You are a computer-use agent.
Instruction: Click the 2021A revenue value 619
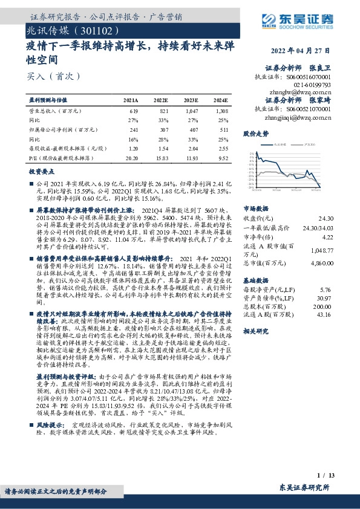click(x=134, y=112)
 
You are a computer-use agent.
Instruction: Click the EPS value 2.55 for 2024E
click(x=223, y=148)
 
